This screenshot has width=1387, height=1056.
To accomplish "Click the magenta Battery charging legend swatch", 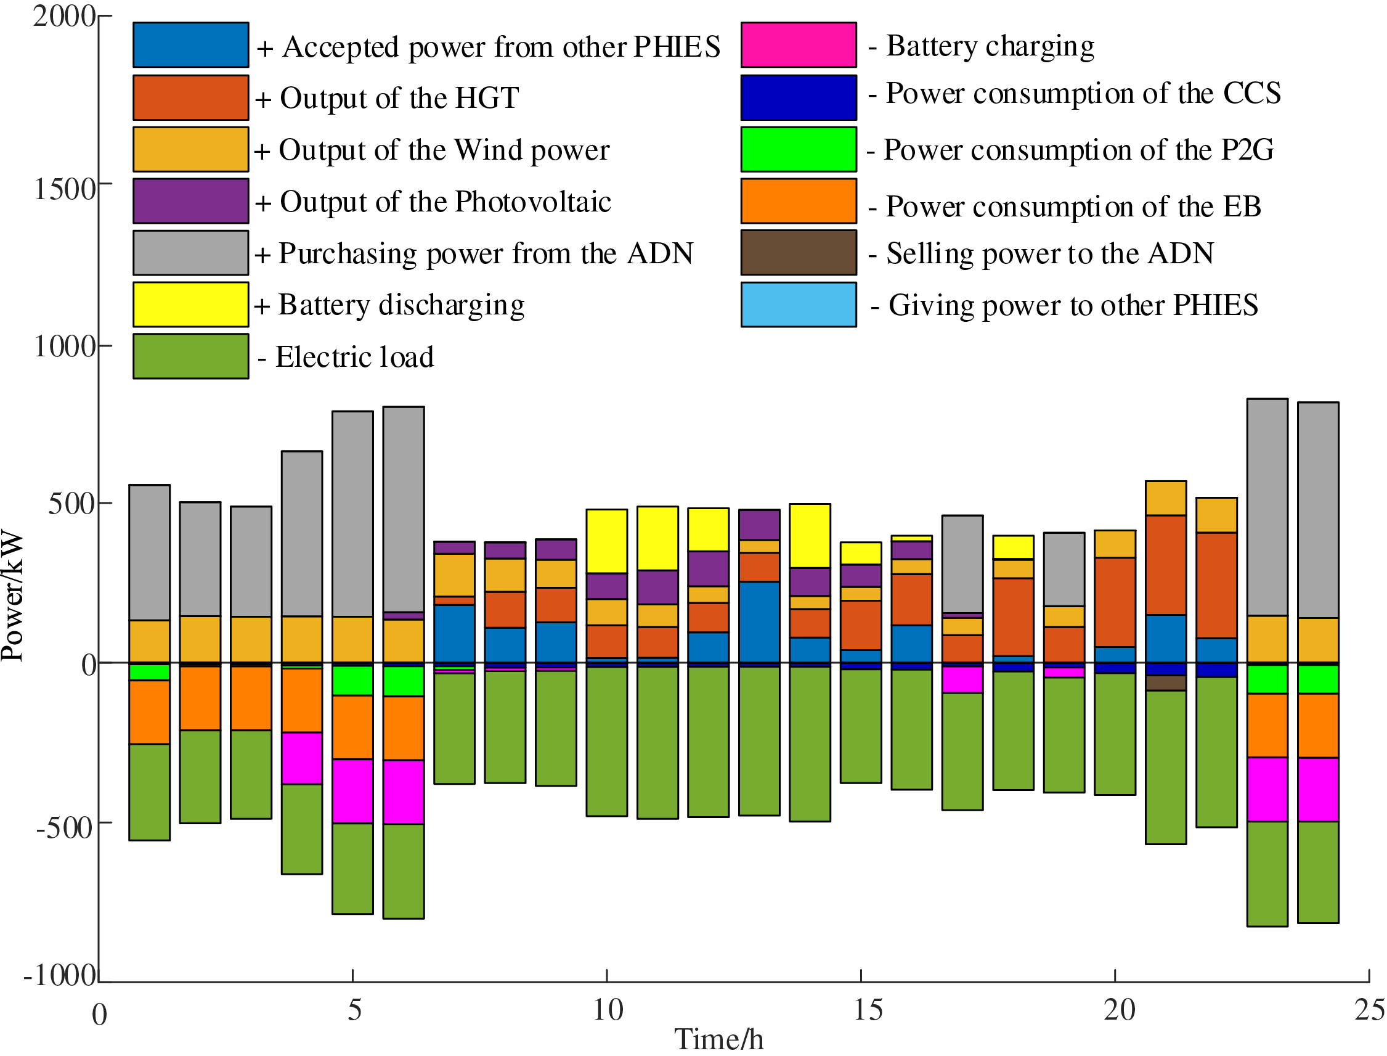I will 798,44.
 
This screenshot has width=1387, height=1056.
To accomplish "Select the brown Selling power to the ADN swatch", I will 798,253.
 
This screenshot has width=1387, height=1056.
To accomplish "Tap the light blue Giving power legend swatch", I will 798,305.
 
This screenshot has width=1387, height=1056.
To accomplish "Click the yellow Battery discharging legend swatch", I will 190,305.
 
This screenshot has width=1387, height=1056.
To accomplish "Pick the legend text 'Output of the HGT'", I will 399,98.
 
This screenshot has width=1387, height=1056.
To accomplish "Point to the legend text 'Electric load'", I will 354,357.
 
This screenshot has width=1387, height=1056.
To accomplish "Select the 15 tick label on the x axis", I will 868,1010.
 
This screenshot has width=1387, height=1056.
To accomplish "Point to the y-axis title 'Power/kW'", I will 12,597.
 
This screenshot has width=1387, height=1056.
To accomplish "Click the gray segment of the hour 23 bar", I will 1267,507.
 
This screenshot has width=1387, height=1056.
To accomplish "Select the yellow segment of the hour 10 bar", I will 606,541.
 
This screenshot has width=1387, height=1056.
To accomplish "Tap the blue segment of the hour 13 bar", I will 759,621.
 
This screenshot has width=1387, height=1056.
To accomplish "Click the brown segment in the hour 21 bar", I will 1165,683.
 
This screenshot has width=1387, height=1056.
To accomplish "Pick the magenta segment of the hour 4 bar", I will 301,758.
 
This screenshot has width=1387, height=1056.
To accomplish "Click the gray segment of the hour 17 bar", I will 962,564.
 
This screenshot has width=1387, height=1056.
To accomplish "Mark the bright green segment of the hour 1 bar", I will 150,672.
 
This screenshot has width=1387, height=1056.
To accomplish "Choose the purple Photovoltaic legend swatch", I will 190,201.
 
